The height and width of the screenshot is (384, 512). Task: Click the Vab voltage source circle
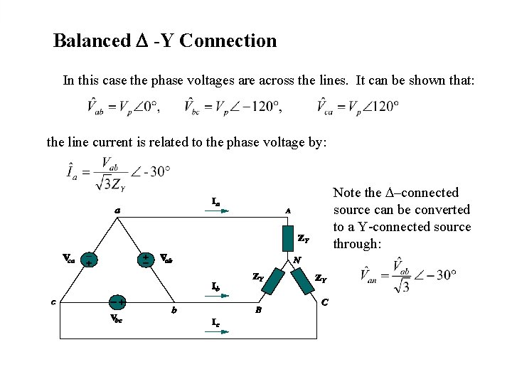click(145, 258)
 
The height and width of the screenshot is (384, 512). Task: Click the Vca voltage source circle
click(89, 260)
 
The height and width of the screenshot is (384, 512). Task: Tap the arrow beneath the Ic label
click(220, 331)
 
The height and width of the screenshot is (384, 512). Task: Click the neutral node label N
click(297, 260)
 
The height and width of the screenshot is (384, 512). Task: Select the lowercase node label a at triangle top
click(117, 210)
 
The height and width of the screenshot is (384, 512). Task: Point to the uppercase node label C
click(325, 302)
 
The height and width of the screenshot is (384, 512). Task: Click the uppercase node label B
click(258, 311)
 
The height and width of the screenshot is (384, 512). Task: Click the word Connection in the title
click(228, 41)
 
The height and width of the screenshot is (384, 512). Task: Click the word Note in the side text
click(348, 193)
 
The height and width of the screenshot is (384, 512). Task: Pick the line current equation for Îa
click(117, 172)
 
